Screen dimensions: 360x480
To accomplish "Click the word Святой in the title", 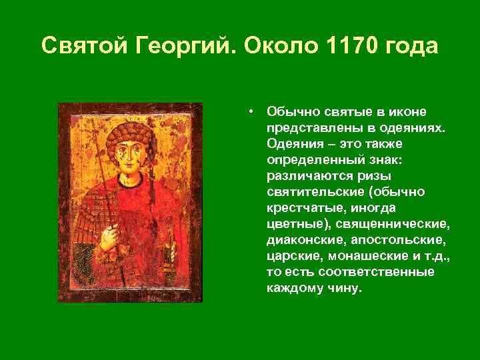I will point(86,46).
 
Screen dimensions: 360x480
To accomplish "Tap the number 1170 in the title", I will point(349,46).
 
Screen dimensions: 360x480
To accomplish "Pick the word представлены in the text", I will point(303,127).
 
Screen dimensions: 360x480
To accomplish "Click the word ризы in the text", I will point(376,175).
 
